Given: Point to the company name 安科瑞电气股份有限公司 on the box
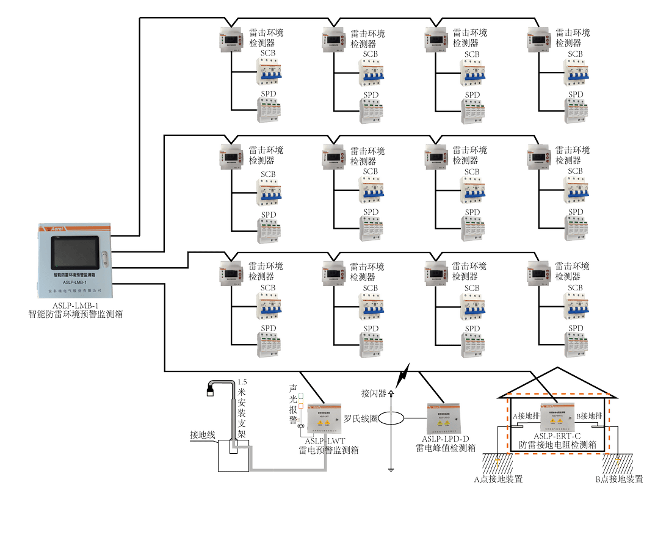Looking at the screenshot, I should click(75, 290).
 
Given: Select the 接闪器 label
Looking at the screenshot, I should click(374, 392).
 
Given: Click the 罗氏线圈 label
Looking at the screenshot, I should click(361, 419).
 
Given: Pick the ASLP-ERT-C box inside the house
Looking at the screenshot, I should click(557, 415).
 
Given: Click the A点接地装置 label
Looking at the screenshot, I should click(498, 479).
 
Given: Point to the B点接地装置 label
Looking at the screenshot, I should click(618, 479).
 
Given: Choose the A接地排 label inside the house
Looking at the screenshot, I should click(525, 416).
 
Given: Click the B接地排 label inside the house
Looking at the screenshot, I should click(591, 416).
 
